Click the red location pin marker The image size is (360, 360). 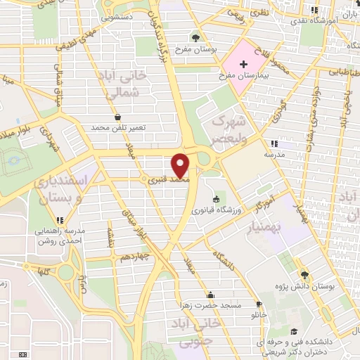pos(181,165)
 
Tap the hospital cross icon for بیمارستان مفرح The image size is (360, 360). pos(243,63)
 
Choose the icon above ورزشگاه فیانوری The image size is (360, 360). pos(215,200)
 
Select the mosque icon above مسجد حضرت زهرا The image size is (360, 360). pos(210,295)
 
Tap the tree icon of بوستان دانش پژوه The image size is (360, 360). pos(304,276)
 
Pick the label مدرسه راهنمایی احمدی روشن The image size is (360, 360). pos(56,236)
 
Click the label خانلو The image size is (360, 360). pos(259,315)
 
